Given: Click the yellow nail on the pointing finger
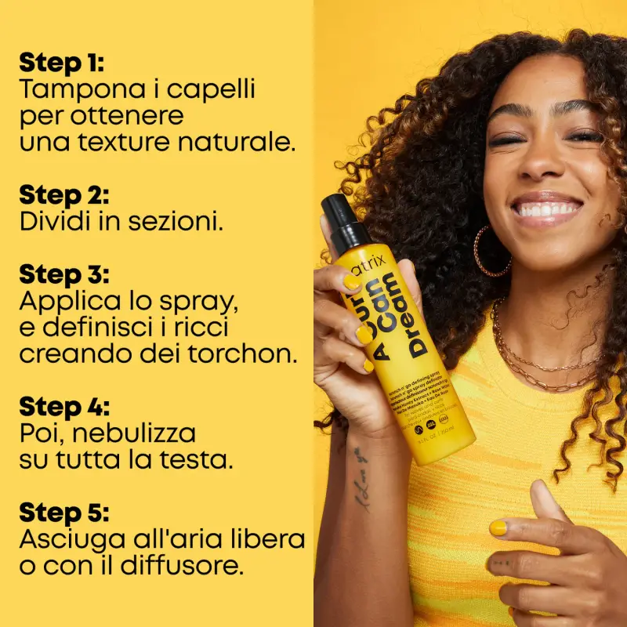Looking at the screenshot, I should pos(498,528).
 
